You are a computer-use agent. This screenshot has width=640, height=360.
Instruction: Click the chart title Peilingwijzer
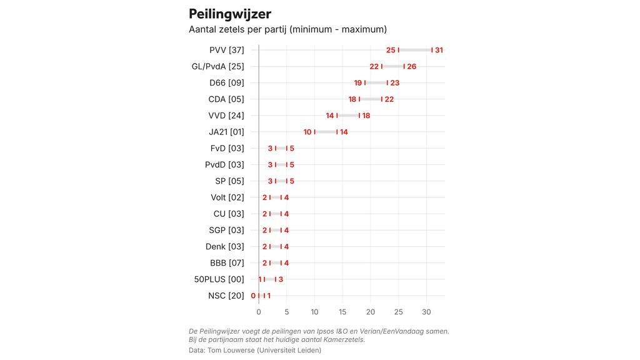(230, 14)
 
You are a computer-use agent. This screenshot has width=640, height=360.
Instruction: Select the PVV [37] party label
(227, 50)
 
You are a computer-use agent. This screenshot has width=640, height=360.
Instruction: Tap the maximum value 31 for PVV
(439, 50)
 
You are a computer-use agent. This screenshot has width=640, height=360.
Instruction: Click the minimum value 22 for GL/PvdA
(374, 66)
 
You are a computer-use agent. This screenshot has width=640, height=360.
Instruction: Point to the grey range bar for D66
(376, 82)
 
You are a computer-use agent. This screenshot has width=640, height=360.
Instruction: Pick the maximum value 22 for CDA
(389, 99)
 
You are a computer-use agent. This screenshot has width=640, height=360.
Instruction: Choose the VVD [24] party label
(226, 116)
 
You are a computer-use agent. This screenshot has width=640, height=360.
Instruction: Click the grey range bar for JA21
(326, 132)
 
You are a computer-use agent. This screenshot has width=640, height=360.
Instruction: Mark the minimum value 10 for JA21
(307, 132)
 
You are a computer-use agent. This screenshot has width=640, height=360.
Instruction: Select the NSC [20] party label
(226, 296)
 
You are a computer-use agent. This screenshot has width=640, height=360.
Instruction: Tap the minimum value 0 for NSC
(253, 296)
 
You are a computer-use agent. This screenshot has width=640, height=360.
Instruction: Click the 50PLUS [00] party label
(219, 279)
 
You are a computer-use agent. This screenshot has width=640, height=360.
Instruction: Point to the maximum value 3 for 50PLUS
(281, 279)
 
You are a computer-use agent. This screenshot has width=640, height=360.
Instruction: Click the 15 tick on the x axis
(342, 312)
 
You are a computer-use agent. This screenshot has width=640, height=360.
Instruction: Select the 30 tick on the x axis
(427, 312)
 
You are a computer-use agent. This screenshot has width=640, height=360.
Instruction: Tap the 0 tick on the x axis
(259, 312)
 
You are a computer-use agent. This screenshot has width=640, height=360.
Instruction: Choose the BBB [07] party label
(227, 263)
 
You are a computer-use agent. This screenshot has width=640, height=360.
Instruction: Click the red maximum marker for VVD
(359, 116)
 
